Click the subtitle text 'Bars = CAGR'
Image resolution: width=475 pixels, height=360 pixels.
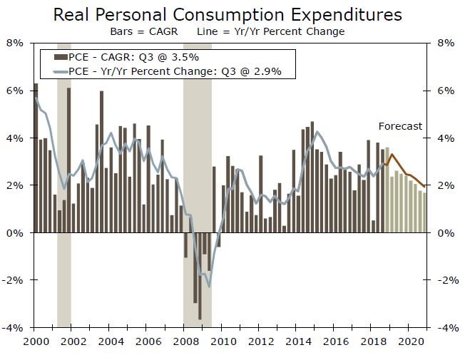[140, 31]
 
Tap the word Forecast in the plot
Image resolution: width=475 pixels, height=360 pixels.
[399, 126]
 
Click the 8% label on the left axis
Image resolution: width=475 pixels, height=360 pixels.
[15, 43]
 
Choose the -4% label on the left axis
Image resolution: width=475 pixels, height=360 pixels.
[14, 328]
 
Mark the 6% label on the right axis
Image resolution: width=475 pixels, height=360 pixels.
[446, 91]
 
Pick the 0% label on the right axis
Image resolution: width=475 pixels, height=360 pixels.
[446, 233]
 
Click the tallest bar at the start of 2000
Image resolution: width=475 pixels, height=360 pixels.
[36, 157]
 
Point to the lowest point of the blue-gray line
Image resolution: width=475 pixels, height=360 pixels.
[209, 287]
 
